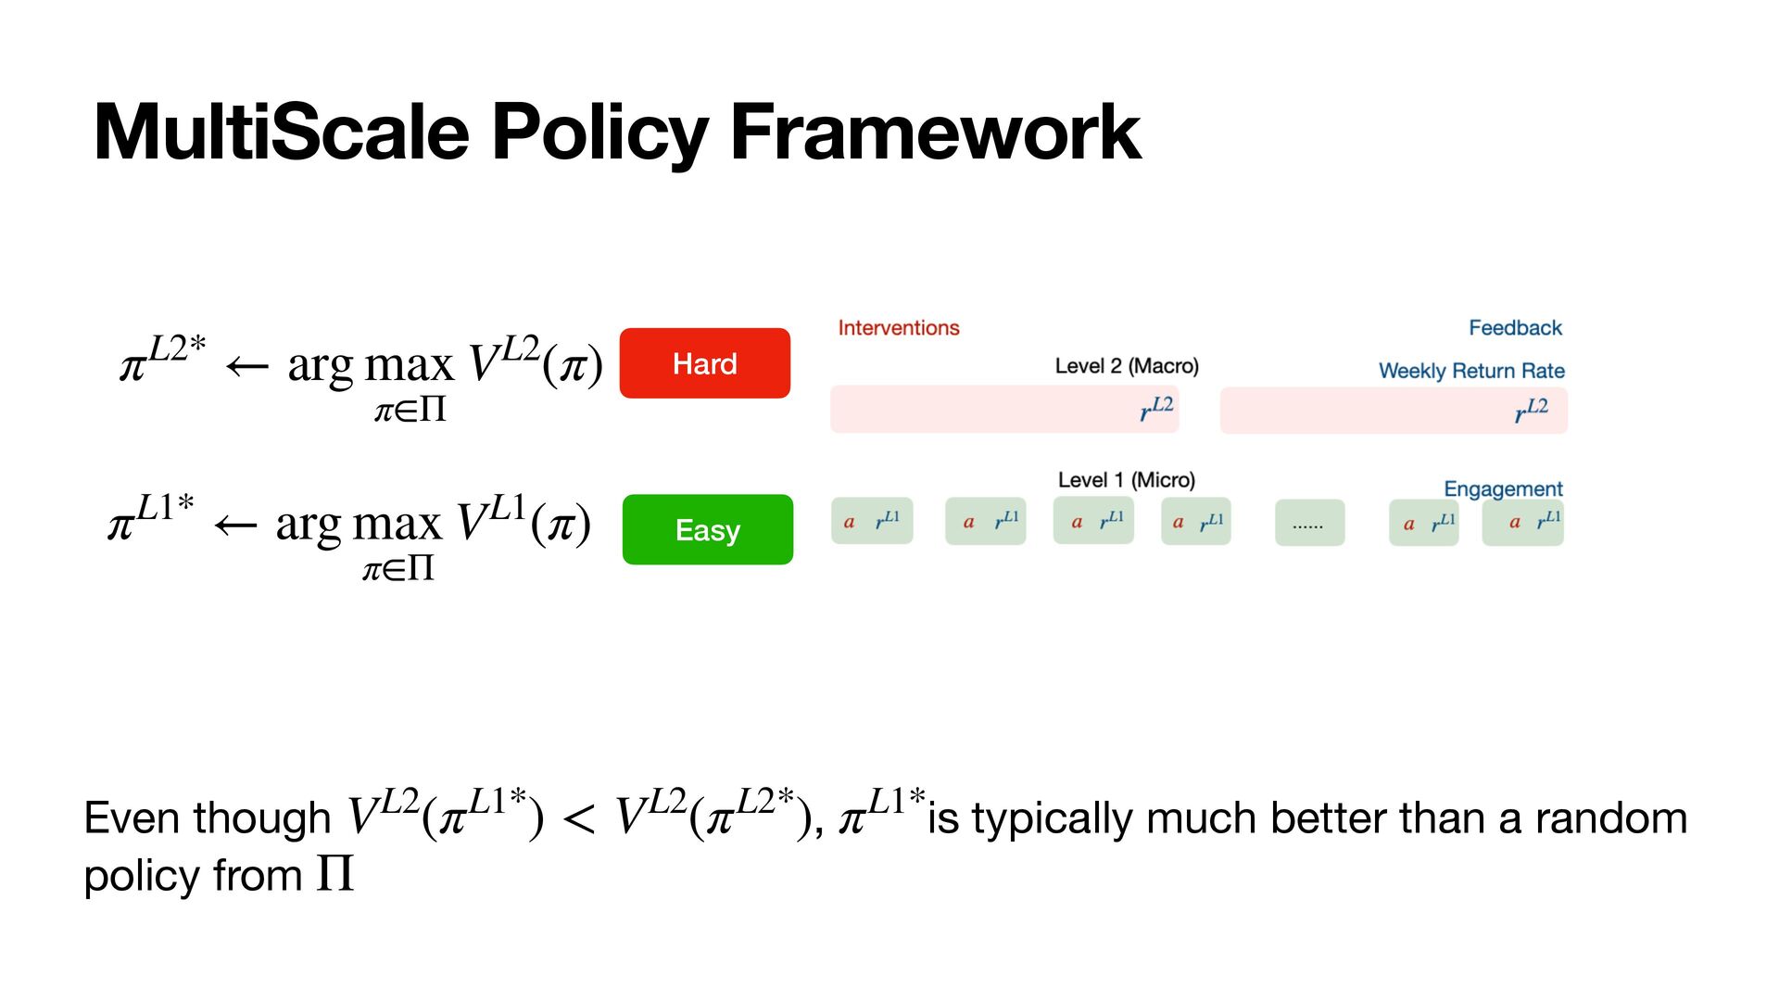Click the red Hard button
(704, 363)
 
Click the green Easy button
(708, 529)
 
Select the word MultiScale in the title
(282, 133)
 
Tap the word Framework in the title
(935, 133)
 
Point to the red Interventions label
(898, 328)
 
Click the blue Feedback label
(1515, 328)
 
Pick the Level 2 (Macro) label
(1126, 366)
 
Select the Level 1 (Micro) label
(1126, 480)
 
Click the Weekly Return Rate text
(1470, 371)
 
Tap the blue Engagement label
(1502, 488)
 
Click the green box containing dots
(1309, 523)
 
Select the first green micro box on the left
(871, 521)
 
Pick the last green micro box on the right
(1522, 522)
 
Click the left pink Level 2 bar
(1003, 410)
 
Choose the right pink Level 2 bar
(1393, 411)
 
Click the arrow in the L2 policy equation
(247, 367)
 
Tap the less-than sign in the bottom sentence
(579, 819)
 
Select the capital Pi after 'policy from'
(334, 874)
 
